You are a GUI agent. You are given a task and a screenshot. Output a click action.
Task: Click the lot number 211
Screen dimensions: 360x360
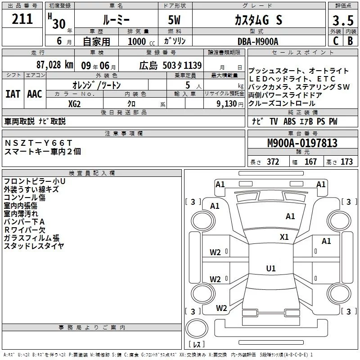22,19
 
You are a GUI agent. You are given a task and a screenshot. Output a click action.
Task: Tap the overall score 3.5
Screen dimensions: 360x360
342,21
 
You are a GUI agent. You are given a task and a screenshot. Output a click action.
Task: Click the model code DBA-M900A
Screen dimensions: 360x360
258,41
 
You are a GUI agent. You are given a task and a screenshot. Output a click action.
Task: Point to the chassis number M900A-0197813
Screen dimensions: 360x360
302,144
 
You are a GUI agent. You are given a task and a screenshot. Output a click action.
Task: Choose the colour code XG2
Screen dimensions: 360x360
74,103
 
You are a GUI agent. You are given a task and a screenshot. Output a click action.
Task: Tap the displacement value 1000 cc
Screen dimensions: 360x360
139,41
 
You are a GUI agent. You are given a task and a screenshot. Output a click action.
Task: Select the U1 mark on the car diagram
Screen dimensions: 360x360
270,269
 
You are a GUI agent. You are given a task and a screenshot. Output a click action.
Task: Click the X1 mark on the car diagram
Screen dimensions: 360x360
284,237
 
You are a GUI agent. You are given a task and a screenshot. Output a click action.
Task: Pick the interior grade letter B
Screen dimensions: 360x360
350,41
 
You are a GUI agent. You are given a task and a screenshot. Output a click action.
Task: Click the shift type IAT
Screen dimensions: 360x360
13,94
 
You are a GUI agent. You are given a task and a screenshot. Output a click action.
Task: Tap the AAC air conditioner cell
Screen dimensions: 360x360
34,94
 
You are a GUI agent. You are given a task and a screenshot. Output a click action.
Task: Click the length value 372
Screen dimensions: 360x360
273,162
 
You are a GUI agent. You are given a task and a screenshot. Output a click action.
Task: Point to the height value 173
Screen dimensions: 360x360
346,162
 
